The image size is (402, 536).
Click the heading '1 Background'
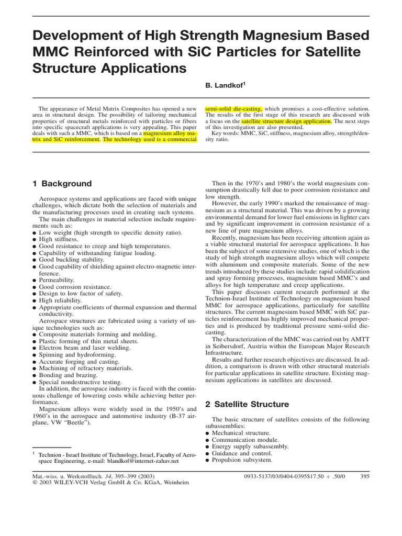(62, 184)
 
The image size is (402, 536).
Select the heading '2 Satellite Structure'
(247, 404)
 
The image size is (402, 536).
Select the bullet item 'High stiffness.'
(59, 239)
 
